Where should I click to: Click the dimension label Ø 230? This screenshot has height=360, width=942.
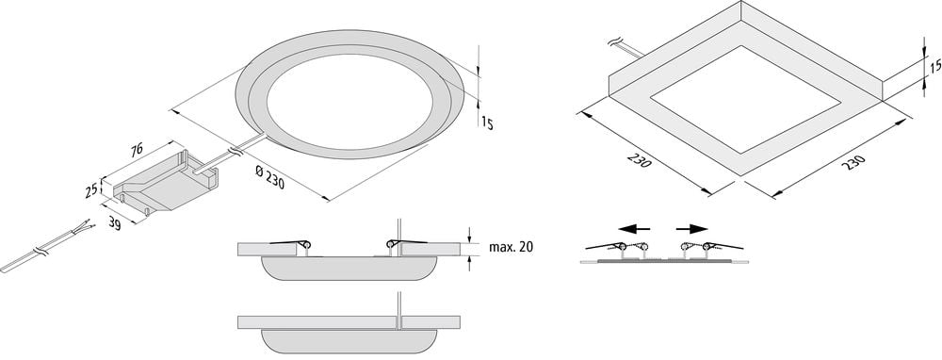click(x=269, y=178)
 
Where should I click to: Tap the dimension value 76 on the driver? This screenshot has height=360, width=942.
click(x=137, y=150)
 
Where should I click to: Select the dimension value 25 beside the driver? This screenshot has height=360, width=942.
click(x=91, y=191)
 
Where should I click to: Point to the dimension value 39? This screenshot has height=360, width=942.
click(x=114, y=223)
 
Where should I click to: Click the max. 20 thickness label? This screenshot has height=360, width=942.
click(x=510, y=246)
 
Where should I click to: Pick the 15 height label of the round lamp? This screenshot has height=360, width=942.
click(x=487, y=123)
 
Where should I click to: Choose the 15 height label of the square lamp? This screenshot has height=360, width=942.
click(x=934, y=67)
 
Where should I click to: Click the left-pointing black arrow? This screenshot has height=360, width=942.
click(x=634, y=228)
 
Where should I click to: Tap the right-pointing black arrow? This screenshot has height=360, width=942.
click(x=691, y=228)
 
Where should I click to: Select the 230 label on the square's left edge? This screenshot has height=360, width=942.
click(x=639, y=161)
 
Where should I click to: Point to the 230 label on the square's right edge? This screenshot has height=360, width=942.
click(x=853, y=163)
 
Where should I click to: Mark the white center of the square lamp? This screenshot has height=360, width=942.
click(x=745, y=99)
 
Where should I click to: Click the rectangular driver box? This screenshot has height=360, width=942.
click(x=165, y=182)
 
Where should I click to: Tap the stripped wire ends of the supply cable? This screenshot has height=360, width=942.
click(x=84, y=226)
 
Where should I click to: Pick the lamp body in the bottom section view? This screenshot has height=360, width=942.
click(x=349, y=341)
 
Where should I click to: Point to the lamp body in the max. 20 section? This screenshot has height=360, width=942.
click(x=349, y=268)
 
